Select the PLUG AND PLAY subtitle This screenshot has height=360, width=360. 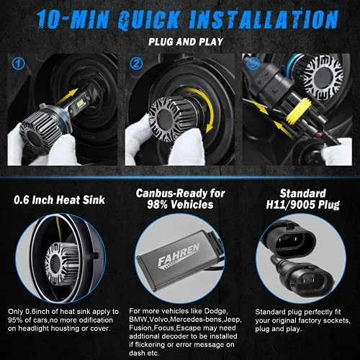point(180,42)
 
